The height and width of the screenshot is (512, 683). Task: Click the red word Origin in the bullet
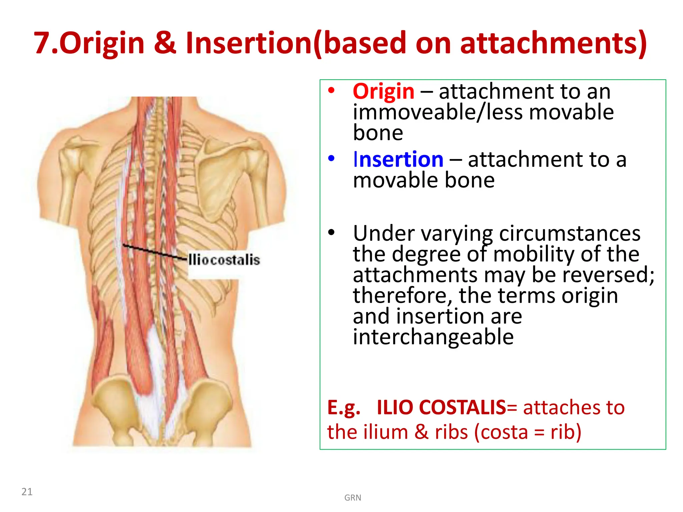click(384, 92)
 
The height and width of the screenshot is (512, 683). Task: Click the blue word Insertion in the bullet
click(398, 160)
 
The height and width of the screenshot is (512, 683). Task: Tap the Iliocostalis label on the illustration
click(224, 260)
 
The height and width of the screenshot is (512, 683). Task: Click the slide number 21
click(27, 492)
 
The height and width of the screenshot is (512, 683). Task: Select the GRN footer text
click(353, 498)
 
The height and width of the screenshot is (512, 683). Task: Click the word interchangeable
click(433, 337)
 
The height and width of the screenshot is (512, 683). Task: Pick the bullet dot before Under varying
click(331, 232)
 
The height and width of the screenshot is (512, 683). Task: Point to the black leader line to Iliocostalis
click(153, 252)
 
